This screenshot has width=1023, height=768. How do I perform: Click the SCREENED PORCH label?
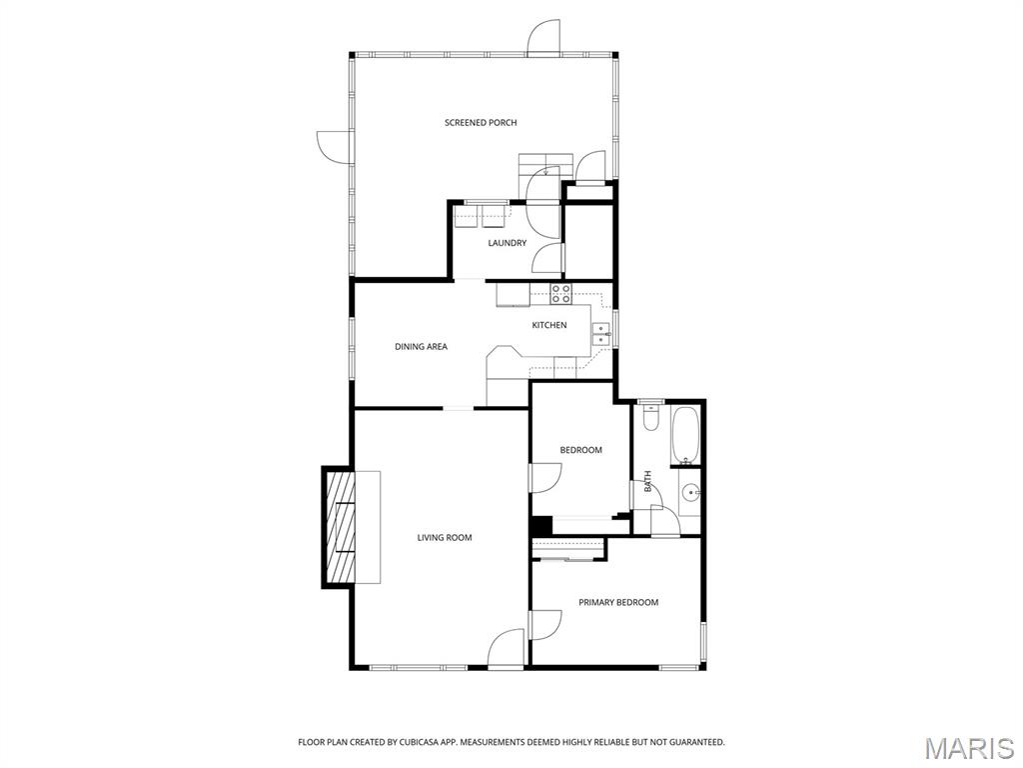click(x=481, y=123)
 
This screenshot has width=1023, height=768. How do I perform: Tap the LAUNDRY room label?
click(x=507, y=243)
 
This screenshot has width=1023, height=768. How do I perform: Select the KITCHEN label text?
click(x=548, y=325)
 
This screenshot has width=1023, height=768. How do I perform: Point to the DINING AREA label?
click(x=421, y=347)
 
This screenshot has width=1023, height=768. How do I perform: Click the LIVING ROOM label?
click(x=445, y=538)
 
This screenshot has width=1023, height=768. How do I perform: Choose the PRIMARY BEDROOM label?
click(x=618, y=602)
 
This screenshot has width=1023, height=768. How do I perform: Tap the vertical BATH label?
click(x=647, y=482)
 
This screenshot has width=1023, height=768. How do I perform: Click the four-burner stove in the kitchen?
click(x=560, y=294)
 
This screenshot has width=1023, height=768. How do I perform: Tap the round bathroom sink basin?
click(x=690, y=492)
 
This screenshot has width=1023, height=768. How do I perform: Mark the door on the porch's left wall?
click(x=333, y=146)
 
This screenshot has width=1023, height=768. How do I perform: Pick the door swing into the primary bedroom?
click(x=545, y=625)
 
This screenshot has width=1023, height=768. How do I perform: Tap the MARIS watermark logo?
click(x=968, y=748)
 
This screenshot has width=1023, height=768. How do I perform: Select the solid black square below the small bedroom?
click(x=540, y=526)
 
